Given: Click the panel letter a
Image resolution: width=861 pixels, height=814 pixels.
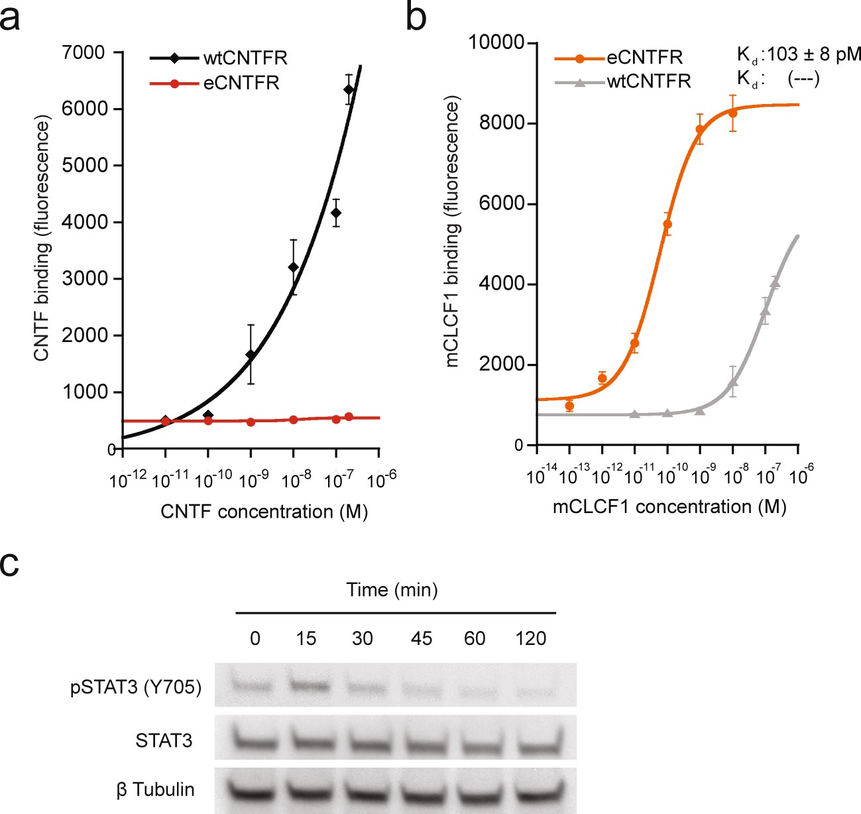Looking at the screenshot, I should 10,19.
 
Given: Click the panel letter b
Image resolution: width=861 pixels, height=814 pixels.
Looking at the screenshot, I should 416,19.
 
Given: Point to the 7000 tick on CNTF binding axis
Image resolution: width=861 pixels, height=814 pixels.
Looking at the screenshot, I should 84,52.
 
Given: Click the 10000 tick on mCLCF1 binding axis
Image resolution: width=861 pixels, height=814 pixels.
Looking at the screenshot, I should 496,42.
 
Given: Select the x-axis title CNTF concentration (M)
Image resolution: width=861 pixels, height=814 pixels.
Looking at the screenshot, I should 264,512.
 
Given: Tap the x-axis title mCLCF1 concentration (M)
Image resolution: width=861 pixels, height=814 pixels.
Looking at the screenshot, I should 669,507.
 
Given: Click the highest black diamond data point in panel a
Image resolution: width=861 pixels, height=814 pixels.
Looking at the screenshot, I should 349,89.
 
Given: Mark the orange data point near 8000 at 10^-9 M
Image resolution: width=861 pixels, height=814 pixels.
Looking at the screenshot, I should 700,129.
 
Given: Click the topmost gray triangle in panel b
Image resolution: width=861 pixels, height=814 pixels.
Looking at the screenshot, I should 775,283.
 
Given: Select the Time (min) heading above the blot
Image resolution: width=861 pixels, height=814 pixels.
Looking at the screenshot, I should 392,589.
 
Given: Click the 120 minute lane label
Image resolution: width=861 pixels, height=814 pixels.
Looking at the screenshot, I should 530,638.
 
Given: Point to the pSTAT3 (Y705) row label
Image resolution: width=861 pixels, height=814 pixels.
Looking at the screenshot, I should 136,687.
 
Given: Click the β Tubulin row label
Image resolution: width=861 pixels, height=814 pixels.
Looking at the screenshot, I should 156,789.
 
